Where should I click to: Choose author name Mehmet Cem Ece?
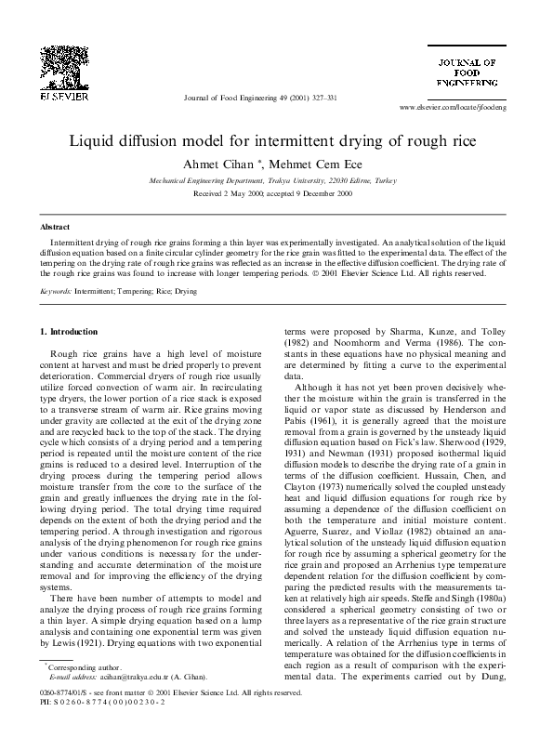309,164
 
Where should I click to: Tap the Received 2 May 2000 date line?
275,193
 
